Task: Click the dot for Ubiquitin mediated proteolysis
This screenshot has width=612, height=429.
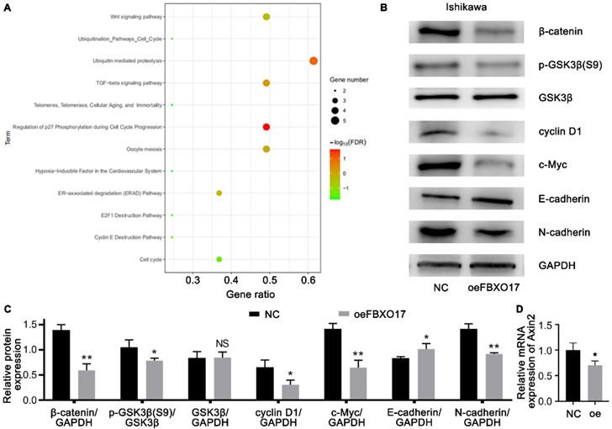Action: point(314,61)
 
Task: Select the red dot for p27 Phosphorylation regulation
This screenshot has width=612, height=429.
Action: point(266,127)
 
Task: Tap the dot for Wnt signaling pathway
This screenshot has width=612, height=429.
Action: point(266,17)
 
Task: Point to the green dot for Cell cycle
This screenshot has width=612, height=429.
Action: point(219,259)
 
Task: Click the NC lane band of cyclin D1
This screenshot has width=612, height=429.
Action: point(435,133)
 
